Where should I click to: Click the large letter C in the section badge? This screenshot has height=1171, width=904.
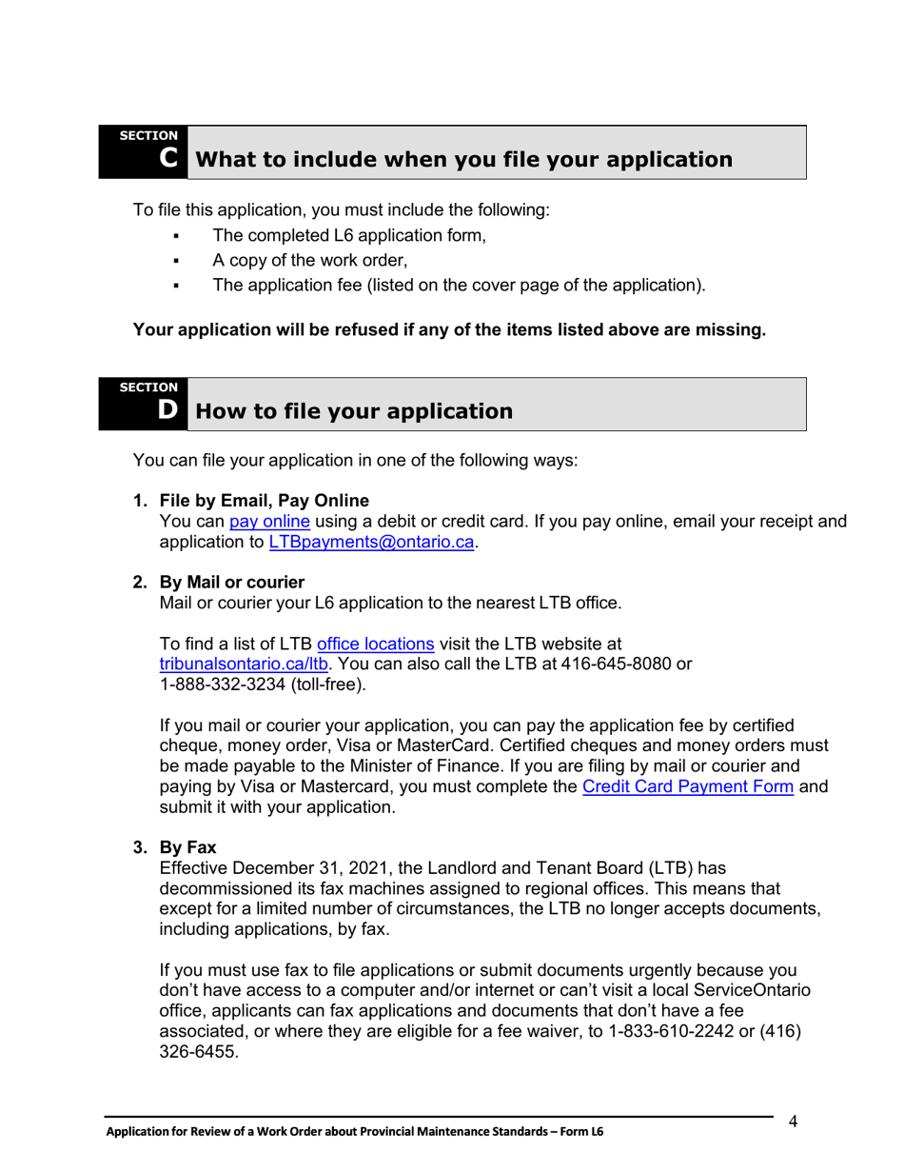point(168,158)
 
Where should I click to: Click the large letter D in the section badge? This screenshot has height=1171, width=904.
point(168,410)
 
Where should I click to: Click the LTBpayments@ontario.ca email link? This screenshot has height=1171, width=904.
point(371,542)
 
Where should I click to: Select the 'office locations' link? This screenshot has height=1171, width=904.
point(375,644)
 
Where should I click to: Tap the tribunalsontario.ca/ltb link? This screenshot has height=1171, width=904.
point(243,664)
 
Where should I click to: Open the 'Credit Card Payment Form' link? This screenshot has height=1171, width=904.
point(687,786)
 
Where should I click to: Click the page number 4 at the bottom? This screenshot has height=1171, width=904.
point(793,1121)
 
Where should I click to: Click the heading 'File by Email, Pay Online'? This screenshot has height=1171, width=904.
point(265,501)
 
